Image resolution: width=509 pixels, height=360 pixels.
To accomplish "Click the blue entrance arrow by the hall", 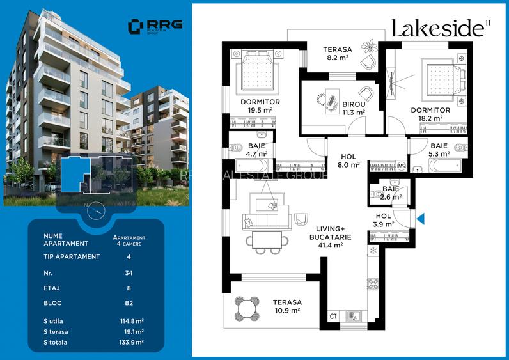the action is click(x=420, y=219).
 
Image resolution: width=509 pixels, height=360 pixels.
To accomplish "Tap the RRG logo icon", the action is click(x=136, y=27).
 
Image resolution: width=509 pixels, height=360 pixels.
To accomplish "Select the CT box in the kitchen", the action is click(x=333, y=316).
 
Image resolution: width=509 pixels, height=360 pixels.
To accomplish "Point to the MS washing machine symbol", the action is click(x=402, y=166).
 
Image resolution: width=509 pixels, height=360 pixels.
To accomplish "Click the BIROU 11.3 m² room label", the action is click(x=354, y=109).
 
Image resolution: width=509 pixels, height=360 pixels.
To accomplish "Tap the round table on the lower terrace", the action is click(x=247, y=308).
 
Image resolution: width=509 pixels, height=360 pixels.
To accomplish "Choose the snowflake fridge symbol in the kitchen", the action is click(x=373, y=250).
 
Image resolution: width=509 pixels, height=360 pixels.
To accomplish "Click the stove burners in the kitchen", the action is click(x=373, y=285).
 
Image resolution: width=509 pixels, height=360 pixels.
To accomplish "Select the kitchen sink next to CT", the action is click(x=352, y=316).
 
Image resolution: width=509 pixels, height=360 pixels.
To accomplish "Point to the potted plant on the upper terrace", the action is click(x=369, y=46).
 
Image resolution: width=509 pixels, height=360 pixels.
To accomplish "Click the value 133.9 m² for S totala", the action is click(x=132, y=342).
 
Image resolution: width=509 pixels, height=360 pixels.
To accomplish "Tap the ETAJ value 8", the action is click(x=129, y=288).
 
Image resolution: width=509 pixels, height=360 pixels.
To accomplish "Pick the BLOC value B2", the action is click(x=129, y=303).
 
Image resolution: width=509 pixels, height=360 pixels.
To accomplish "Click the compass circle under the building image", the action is click(x=96, y=210).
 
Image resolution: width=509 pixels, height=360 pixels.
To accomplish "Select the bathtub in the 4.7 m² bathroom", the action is click(x=251, y=165).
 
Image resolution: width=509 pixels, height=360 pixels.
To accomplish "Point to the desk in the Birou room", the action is click(x=332, y=101).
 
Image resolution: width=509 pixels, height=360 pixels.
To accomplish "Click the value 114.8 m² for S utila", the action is click(x=132, y=321).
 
